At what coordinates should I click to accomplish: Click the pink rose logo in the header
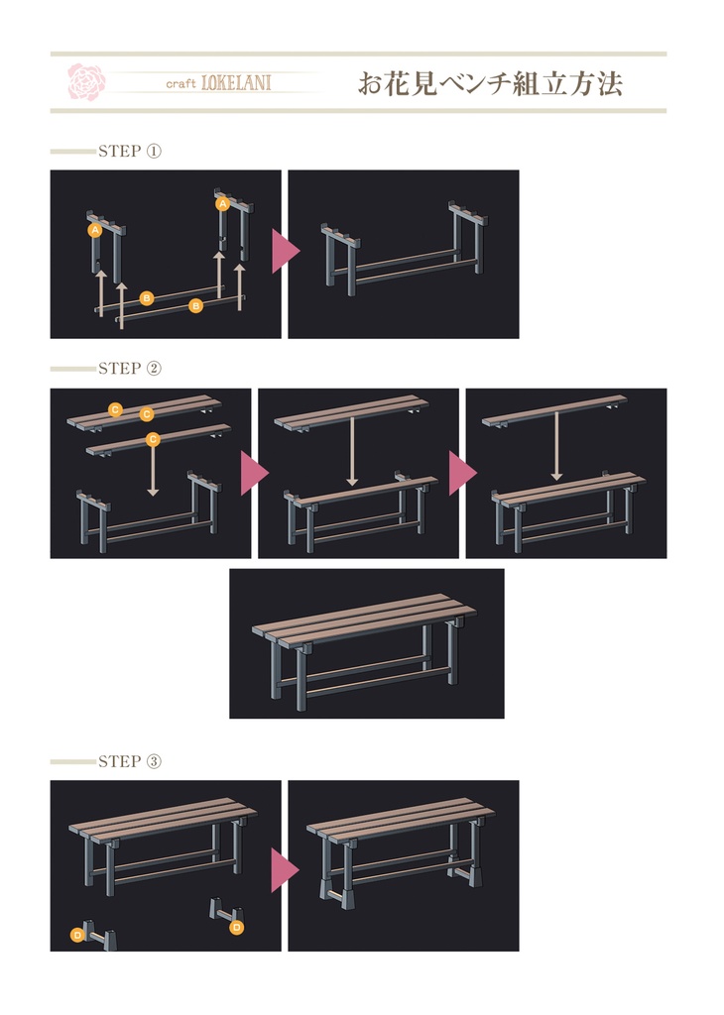(x=86, y=81)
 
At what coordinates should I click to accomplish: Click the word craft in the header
(x=181, y=83)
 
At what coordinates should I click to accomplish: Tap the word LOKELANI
(x=236, y=83)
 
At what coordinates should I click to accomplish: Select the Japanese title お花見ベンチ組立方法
(x=490, y=84)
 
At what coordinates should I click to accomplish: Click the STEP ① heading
(x=130, y=151)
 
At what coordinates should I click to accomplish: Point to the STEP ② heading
(x=130, y=369)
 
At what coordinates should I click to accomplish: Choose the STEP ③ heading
(x=130, y=761)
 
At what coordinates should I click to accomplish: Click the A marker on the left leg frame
(x=95, y=230)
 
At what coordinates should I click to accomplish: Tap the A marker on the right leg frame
(x=223, y=204)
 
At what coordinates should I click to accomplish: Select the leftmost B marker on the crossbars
(x=147, y=297)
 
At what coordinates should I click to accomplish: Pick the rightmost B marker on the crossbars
(x=195, y=305)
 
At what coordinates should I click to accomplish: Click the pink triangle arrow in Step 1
(x=285, y=251)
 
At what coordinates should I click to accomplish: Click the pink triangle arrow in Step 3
(x=285, y=868)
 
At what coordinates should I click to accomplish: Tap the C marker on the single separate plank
(x=153, y=439)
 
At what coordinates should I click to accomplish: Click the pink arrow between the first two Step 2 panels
(x=255, y=473)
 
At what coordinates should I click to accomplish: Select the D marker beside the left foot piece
(x=77, y=935)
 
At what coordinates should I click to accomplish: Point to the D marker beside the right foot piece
(x=237, y=928)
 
